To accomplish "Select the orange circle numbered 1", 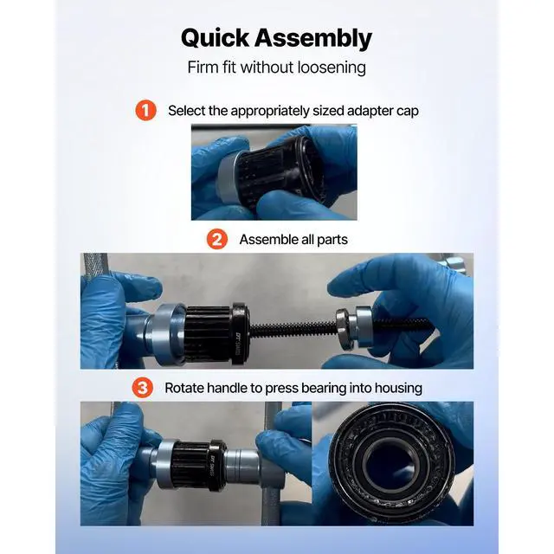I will click(x=145, y=111).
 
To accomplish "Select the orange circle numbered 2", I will click(x=216, y=239).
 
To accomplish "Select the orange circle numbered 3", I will click(x=143, y=388).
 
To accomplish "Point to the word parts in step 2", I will click(x=330, y=239).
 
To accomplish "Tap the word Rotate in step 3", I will click(x=186, y=388).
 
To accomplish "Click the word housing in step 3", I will click(x=396, y=388).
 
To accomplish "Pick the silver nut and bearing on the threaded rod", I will click(x=356, y=326).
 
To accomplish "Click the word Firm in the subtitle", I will click(x=203, y=68).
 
